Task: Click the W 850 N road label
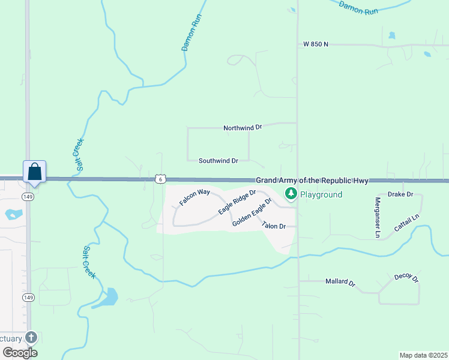click(x=316, y=44)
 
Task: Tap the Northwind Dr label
click(x=243, y=128)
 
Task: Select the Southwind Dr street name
click(x=218, y=161)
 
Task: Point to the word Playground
click(x=321, y=194)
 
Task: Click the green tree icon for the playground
click(x=291, y=194)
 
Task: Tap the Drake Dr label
click(x=400, y=194)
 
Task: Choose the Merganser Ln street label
click(x=378, y=218)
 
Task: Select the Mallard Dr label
click(x=340, y=281)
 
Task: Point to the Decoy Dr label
click(x=406, y=278)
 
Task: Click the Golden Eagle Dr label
click(x=252, y=216)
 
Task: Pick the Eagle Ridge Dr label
click(x=237, y=202)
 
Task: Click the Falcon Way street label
click(x=194, y=197)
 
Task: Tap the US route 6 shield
click(x=160, y=179)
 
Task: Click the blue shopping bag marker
click(x=35, y=172)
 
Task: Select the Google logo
click(x=20, y=352)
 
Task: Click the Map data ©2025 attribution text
click(x=423, y=355)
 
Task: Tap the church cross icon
click(x=31, y=338)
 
